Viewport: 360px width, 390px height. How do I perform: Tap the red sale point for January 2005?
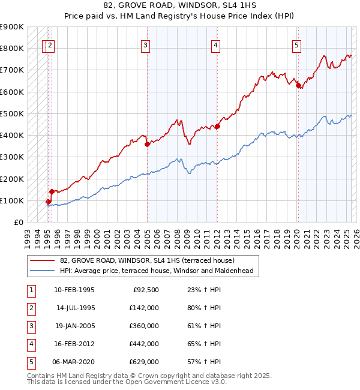click(147, 144)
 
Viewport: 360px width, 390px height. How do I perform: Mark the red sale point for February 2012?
click(217, 126)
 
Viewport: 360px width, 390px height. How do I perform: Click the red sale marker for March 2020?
click(298, 85)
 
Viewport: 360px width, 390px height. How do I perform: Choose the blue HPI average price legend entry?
click(156, 271)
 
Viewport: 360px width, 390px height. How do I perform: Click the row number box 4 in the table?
click(31, 344)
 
